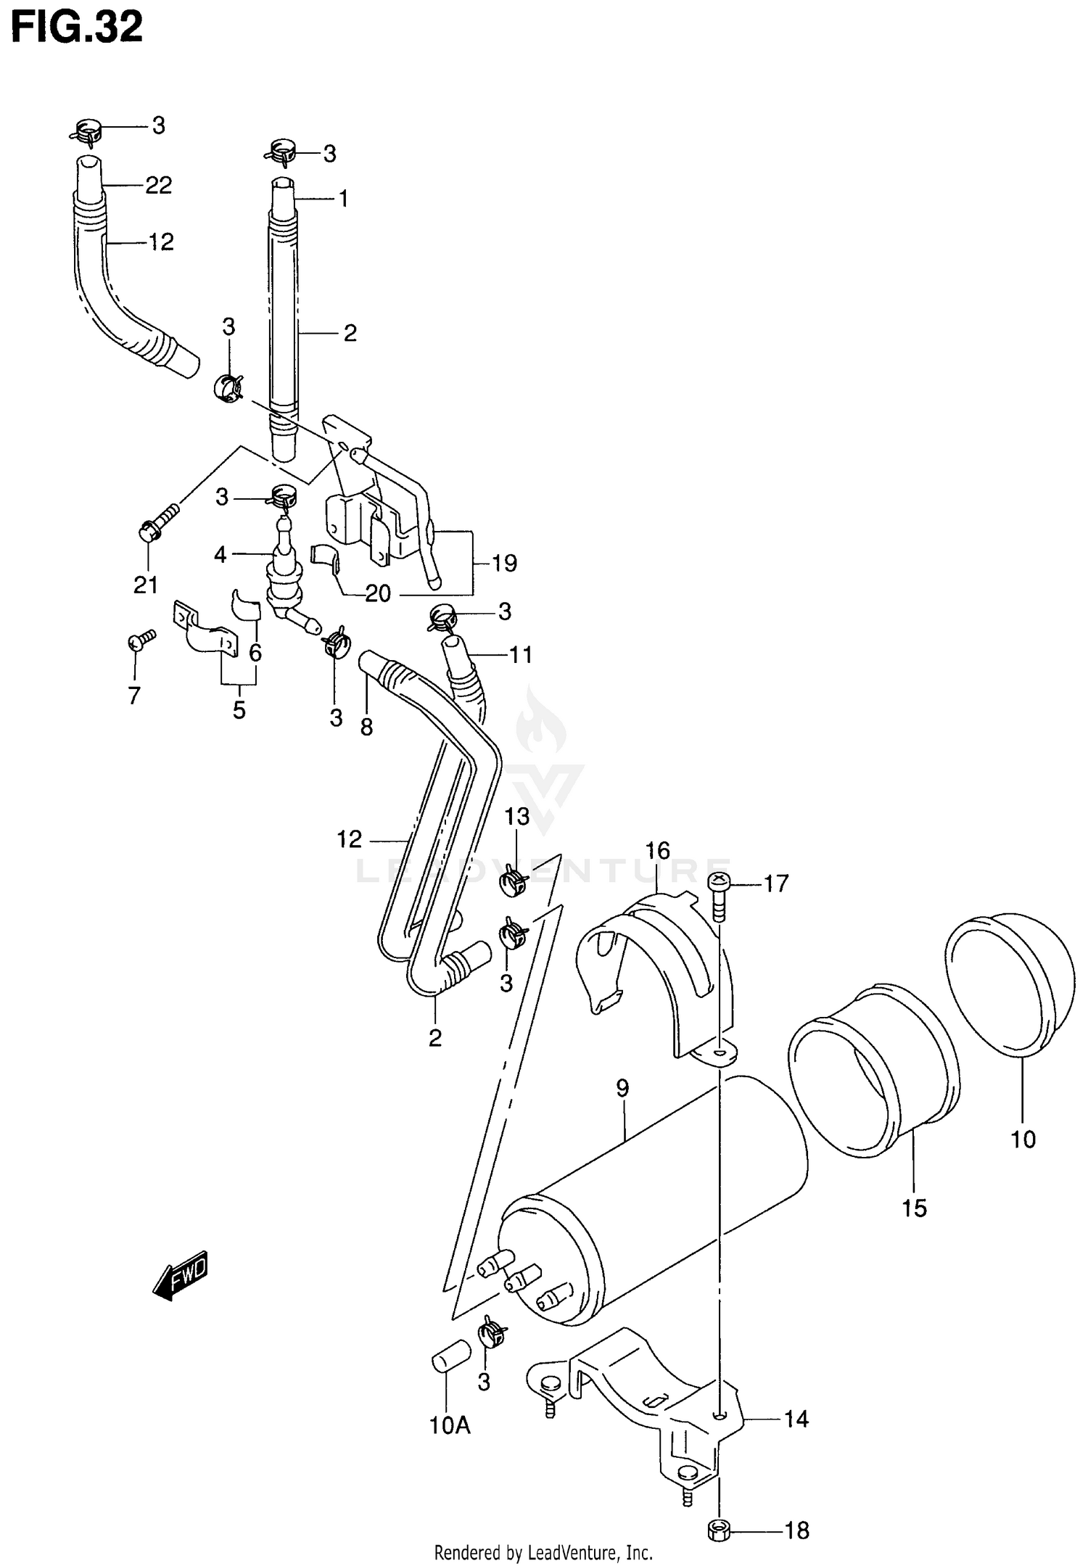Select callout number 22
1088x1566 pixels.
[158, 186]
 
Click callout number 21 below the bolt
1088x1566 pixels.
[146, 585]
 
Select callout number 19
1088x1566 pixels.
[504, 563]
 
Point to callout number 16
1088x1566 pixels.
[657, 850]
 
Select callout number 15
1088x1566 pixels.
[915, 1208]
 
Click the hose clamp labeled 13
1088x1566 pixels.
[513, 880]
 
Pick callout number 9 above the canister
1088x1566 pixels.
[622, 1088]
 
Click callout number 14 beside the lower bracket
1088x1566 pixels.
[796, 1418]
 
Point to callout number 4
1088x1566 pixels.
[221, 555]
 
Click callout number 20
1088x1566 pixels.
[378, 594]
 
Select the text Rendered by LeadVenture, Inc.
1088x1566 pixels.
[543, 1552]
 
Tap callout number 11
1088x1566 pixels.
[521, 655]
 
